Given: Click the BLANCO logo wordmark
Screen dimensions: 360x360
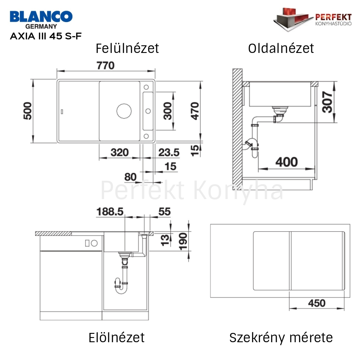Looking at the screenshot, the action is pos(41,17).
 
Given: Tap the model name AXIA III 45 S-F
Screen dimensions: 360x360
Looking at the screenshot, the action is pos(46,36).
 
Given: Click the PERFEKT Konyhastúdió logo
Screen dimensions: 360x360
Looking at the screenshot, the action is pos(313,19).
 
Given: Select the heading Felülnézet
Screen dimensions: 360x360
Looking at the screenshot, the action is pos(127,48).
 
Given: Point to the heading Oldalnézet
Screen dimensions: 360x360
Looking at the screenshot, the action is pos(281,48).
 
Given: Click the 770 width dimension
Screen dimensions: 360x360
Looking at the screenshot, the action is pos(105,66).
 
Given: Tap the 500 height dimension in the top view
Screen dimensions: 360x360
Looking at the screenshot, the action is pos(28,111).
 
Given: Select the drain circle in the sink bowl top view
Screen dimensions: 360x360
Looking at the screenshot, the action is pos(124,111).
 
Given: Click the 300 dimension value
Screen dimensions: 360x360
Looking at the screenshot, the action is pos(168,111).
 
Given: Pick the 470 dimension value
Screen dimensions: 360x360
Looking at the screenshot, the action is pos(195,111).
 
